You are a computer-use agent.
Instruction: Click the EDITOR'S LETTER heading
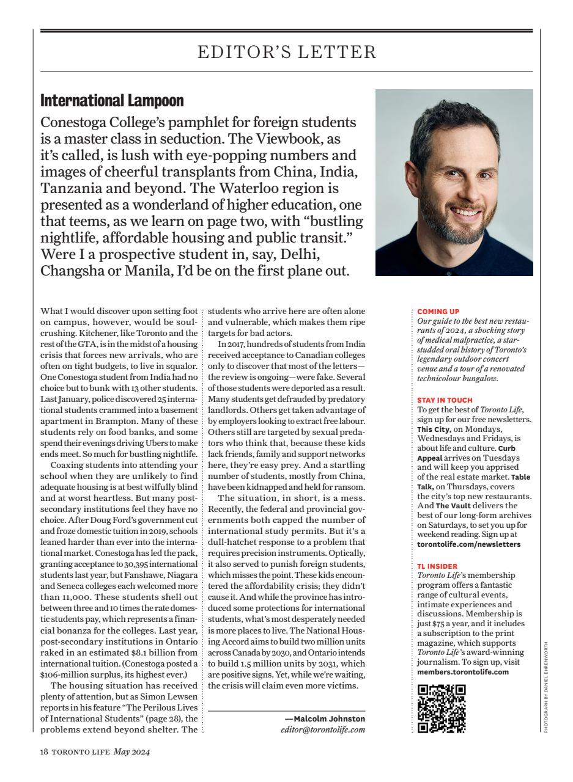[x=287, y=53]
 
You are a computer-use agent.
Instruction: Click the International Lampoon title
[x=112, y=100]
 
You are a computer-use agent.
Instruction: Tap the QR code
[x=441, y=709]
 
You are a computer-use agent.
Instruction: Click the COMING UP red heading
[x=438, y=312]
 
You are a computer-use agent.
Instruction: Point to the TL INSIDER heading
[x=437, y=566]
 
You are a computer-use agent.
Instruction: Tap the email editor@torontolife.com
[x=323, y=729]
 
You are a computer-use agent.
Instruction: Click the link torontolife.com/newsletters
[x=468, y=544]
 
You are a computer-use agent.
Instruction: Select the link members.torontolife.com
[x=462, y=671]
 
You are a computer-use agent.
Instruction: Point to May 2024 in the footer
[x=132, y=752]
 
